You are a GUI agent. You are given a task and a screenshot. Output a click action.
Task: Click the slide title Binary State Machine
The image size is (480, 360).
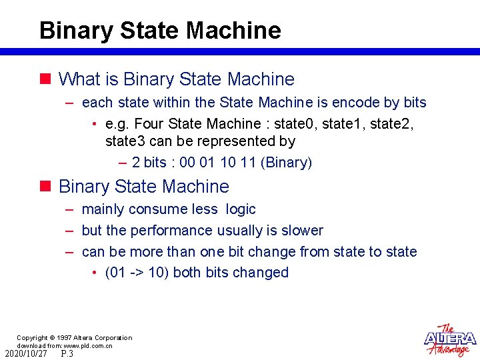(160, 31)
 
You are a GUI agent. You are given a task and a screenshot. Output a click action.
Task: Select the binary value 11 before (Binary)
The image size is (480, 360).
(241, 162)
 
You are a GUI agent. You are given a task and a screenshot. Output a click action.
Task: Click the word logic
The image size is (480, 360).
(241, 209)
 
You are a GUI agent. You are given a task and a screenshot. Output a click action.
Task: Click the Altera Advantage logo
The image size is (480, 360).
(450, 340)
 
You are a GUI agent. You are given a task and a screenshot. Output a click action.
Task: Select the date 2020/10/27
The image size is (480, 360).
(26, 354)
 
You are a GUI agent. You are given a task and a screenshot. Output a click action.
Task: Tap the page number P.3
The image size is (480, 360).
(67, 354)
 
